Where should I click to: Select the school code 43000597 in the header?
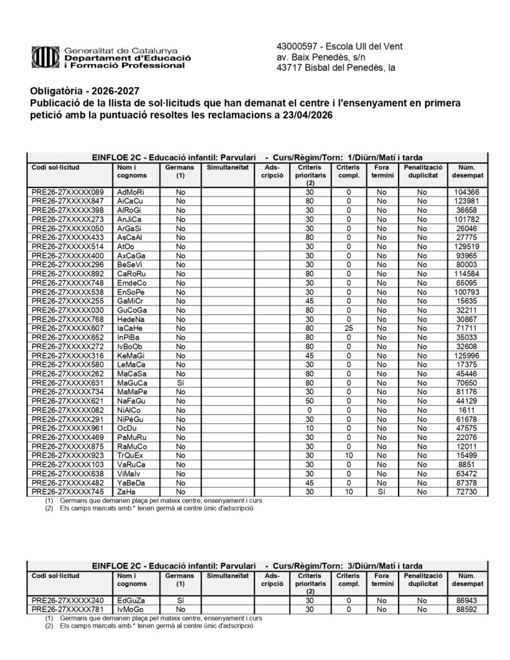pyautogui.click(x=294, y=46)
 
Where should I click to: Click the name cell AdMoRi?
pyautogui.click(x=130, y=192)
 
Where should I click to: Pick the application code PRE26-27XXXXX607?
pyautogui.click(x=68, y=327)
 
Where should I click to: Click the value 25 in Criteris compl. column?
pyautogui.click(x=348, y=327)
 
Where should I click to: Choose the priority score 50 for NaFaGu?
pyautogui.click(x=309, y=401)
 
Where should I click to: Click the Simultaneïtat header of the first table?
pyautogui.click(x=227, y=167)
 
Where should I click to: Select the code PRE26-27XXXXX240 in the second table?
pyautogui.click(x=68, y=599)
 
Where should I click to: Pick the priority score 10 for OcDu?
pyautogui.click(x=309, y=428)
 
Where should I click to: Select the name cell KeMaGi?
pyautogui.click(x=132, y=355)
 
